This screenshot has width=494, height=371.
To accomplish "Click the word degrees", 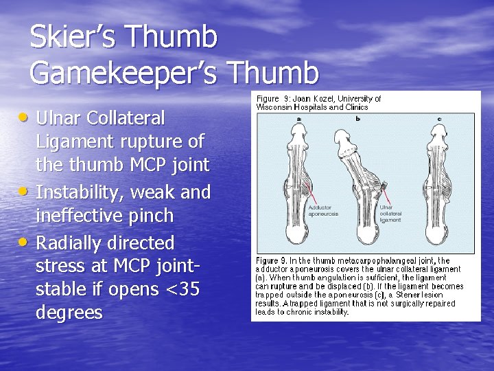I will (69, 313).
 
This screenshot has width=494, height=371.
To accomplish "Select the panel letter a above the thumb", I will (298, 119).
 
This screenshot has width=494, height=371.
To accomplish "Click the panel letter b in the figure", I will (358, 119).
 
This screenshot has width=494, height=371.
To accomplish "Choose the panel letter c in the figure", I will (439, 119).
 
